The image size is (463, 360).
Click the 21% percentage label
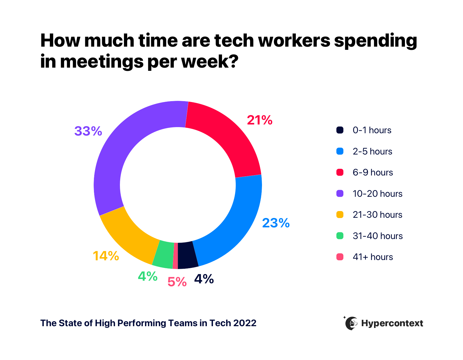coord(259,120)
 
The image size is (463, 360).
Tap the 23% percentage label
coord(276,223)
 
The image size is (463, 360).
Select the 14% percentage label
coord(106,256)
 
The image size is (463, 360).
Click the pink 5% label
coord(177,282)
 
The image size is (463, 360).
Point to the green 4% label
coord(148,276)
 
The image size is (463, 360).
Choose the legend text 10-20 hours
coord(377,194)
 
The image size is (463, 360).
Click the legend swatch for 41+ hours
coord(340,257)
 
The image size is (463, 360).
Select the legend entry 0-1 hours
coord(372,130)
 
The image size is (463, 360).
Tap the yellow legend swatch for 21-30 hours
coord(340,215)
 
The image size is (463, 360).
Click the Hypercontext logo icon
coord(351,323)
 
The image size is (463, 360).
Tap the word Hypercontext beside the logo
coord(392,323)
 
